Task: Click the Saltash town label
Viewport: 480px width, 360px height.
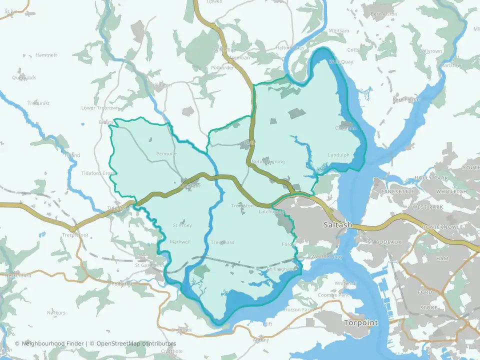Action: [x=338, y=225]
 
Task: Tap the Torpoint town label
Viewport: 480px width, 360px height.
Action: [x=361, y=323]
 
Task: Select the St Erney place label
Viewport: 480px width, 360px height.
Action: [x=182, y=225]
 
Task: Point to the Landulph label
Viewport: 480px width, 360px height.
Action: [x=338, y=154]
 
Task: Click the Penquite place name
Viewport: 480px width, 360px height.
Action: [x=166, y=153]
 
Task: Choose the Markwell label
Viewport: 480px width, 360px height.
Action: [x=180, y=242]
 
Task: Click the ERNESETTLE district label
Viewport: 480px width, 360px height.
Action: [x=397, y=191]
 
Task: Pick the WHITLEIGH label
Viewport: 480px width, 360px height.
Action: [x=451, y=191]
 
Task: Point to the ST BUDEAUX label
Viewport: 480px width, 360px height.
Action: [x=384, y=242]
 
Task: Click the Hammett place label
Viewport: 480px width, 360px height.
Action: [x=46, y=55]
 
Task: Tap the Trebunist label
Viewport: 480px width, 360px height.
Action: [x=38, y=103]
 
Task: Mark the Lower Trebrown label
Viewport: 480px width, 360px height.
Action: [x=100, y=108]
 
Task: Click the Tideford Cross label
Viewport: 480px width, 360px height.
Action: [x=98, y=173]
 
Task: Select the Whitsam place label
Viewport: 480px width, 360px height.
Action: [x=339, y=31]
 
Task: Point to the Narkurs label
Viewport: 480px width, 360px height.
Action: [x=56, y=312]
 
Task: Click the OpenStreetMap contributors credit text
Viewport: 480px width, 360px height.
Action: [x=136, y=343]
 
